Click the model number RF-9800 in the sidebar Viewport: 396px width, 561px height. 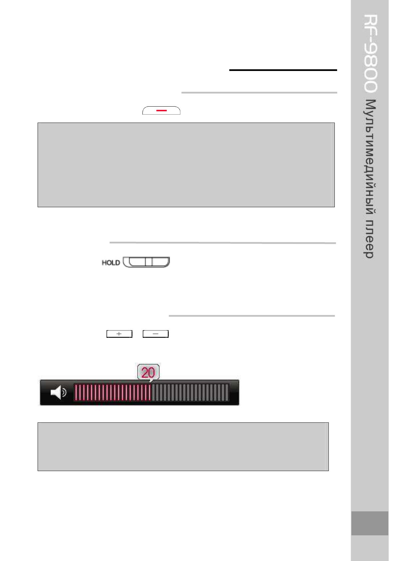tap(370, 53)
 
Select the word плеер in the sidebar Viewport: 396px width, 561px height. tap(369, 239)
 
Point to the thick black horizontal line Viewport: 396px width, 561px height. tap(283, 70)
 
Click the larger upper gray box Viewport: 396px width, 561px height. tap(186, 165)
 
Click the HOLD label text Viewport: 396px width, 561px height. tap(111, 263)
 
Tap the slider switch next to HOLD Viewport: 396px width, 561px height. tap(146, 262)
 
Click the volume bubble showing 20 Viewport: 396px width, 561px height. tap(148, 372)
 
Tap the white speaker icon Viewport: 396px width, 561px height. tap(58, 392)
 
